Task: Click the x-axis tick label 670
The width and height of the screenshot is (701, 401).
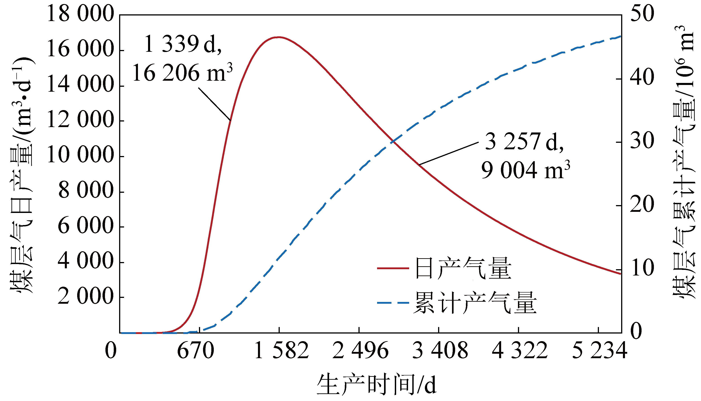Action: pos(195,351)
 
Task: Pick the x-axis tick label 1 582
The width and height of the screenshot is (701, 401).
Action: pos(282,351)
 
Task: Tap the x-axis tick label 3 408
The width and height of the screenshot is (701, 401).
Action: pos(440,351)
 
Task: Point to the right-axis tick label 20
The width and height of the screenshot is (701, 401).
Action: pos(642,204)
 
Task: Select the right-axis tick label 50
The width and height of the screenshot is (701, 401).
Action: pos(642,14)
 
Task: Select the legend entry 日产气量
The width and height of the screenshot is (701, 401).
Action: pos(463,268)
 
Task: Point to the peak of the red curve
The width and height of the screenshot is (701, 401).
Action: pos(279,37)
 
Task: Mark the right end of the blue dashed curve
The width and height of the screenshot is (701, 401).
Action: pos(620,36)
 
